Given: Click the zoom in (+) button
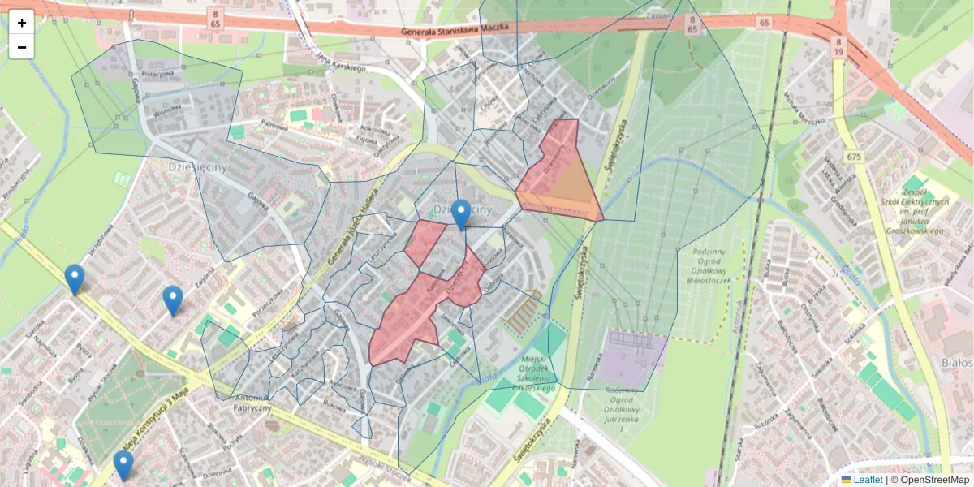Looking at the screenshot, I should tap(22, 22).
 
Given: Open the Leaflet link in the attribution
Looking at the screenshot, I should tap(868, 480).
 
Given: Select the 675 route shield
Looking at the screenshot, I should tap(852, 157).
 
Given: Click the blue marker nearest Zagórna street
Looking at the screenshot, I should tap(173, 301).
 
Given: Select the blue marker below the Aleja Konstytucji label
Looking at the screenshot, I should tap(123, 466).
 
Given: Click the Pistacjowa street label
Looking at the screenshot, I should tap(158, 74).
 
